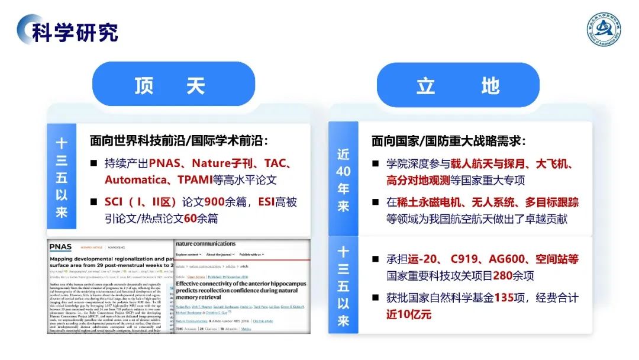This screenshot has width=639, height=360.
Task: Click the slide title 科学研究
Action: point(75,32)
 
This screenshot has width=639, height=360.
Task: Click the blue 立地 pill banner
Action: point(458,86)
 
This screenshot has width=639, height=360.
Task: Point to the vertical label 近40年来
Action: point(344,179)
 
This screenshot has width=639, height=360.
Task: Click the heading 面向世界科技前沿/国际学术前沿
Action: point(179,141)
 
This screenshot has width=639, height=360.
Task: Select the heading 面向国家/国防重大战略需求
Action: point(448,141)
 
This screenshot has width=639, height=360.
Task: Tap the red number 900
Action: point(215,202)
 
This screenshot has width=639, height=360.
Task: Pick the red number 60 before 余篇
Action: point(190,218)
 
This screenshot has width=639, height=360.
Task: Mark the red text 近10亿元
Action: point(409,314)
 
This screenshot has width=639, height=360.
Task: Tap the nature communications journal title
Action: point(206,243)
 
